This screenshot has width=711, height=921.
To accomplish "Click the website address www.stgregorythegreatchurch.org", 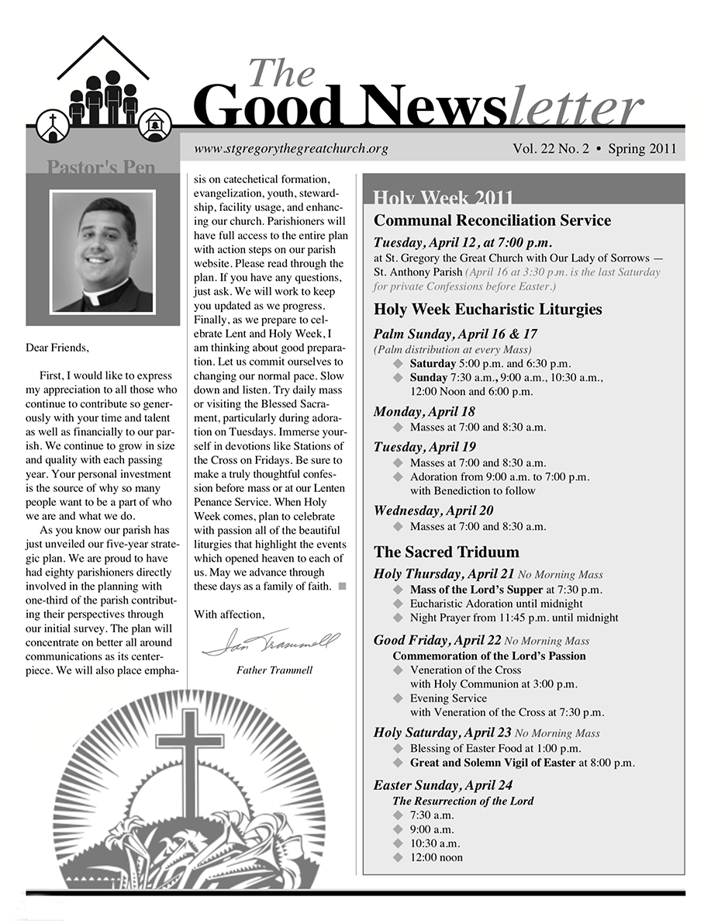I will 290,149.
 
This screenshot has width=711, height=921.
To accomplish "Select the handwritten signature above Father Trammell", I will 271,642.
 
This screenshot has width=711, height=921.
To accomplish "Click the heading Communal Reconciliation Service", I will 492,220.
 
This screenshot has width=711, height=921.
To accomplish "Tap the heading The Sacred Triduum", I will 446,552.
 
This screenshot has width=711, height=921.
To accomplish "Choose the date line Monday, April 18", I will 423,411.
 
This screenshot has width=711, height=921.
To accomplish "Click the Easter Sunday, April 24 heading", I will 443,785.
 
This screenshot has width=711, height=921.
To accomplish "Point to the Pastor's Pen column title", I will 101,166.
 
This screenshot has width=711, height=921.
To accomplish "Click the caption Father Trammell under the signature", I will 274,670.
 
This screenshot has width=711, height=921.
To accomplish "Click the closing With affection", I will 229,615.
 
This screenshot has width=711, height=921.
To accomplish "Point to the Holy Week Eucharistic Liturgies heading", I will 488,310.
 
